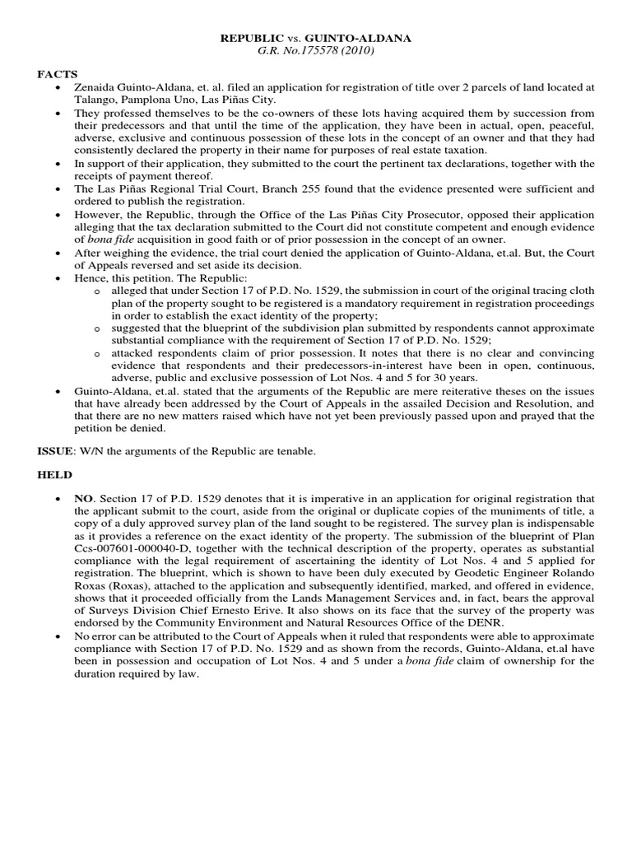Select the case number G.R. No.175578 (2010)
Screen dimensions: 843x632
(316, 51)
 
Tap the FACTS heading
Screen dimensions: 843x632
(55, 74)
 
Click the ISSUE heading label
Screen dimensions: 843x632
(56, 452)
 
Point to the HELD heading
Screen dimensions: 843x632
(54, 476)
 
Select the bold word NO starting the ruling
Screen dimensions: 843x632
(83, 500)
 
